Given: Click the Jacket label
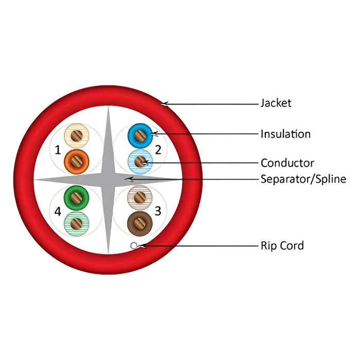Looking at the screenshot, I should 276,103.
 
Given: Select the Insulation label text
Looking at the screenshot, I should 285,134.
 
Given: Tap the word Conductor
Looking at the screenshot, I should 287,164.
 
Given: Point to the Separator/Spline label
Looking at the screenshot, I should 303,179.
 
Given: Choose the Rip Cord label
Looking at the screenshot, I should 282,245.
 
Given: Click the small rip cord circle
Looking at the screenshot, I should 134,246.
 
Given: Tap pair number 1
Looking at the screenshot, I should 58,150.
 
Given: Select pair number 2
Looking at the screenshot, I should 158,150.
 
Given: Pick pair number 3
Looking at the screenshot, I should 158,210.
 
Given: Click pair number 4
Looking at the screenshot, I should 58,210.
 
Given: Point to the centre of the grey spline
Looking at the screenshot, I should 108,179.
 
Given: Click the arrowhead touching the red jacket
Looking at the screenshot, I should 164,103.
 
